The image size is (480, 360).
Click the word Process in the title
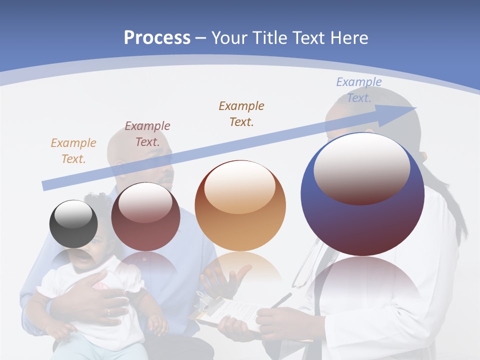pyautogui.click(x=157, y=38)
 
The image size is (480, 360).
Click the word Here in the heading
pyautogui.click(x=347, y=38)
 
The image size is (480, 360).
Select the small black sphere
pyautogui.click(x=73, y=224)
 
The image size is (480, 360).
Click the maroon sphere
pyautogui.click(x=145, y=217)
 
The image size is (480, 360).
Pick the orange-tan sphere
pyautogui.click(x=240, y=206)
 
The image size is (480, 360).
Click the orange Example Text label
pyautogui.click(x=73, y=150)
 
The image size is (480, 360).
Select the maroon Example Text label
pyautogui.click(x=147, y=133)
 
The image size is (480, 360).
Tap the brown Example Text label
pyautogui.click(x=241, y=113)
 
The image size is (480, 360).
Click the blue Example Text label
pyautogui.click(x=358, y=89)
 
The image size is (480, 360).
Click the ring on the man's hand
pyautogui.click(x=108, y=312)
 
